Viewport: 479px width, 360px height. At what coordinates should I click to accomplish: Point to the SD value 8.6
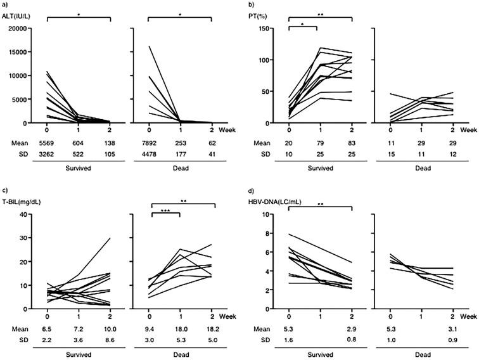click(111, 340)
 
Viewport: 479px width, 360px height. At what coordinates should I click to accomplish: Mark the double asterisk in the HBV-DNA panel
click(321, 205)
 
